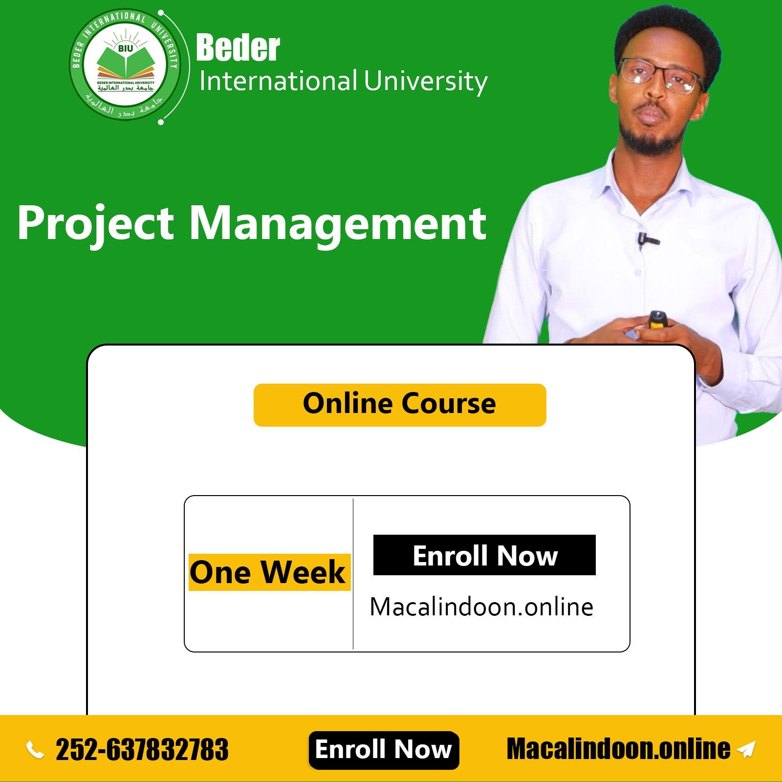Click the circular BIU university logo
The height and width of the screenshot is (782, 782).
tap(126, 65)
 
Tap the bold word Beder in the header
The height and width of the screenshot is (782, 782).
tap(238, 48)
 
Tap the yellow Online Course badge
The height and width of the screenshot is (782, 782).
tap(400, 405)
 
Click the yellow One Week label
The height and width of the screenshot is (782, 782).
tap(269, 572)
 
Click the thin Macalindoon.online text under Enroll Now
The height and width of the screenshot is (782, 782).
tap(481, 607)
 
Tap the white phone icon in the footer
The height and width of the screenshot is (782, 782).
tap(35, 749)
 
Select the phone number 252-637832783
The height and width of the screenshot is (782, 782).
tap(142, 750)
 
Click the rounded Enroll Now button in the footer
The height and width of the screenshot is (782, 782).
tap(384, 750)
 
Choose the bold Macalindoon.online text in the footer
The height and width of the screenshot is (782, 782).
tap(618, 749)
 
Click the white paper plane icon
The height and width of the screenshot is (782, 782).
tap(746, 749)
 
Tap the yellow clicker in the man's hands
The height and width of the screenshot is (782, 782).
tap(657, 320)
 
